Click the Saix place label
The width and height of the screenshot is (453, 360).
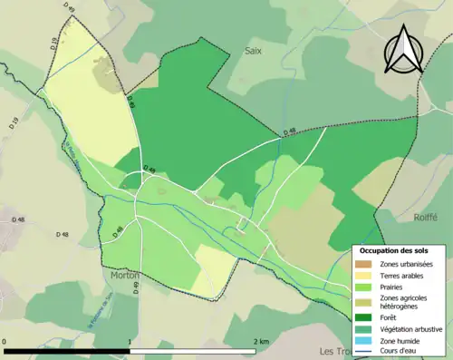click(x=253, y=52)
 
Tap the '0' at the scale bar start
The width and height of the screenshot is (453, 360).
click(x=5, y=341)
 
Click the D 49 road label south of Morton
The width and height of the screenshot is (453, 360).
click(x=136, y=287)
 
